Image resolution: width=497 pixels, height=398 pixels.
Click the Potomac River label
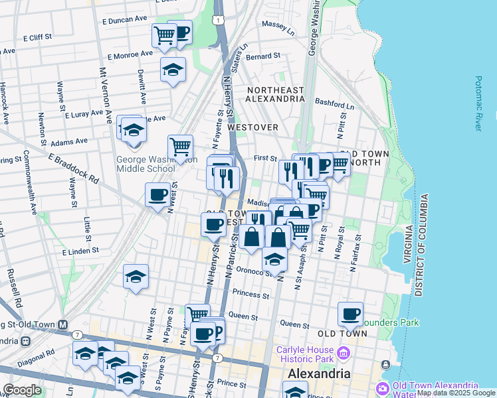tap(478, 103)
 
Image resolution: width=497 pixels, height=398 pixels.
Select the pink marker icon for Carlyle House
tap(343, 351)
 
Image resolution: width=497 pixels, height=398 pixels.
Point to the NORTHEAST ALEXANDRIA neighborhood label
tap(274, 94)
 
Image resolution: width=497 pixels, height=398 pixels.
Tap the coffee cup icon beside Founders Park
tap(350, 314)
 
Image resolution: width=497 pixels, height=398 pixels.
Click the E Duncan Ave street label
tap(124, 20)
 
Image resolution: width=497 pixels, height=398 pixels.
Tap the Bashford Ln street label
tap(335, 104)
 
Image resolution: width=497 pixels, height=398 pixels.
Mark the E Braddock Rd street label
tap(73, 169)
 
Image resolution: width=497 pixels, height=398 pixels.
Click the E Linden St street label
tap(80, 251)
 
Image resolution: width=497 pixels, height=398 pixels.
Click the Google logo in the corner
tap(22, 390)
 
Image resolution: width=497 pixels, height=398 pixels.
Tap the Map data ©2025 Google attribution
tap(456, 393)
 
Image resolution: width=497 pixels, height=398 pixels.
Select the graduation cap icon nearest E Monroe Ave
tap(173, 70)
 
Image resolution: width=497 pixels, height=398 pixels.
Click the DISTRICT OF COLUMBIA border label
tap(419, 246)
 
